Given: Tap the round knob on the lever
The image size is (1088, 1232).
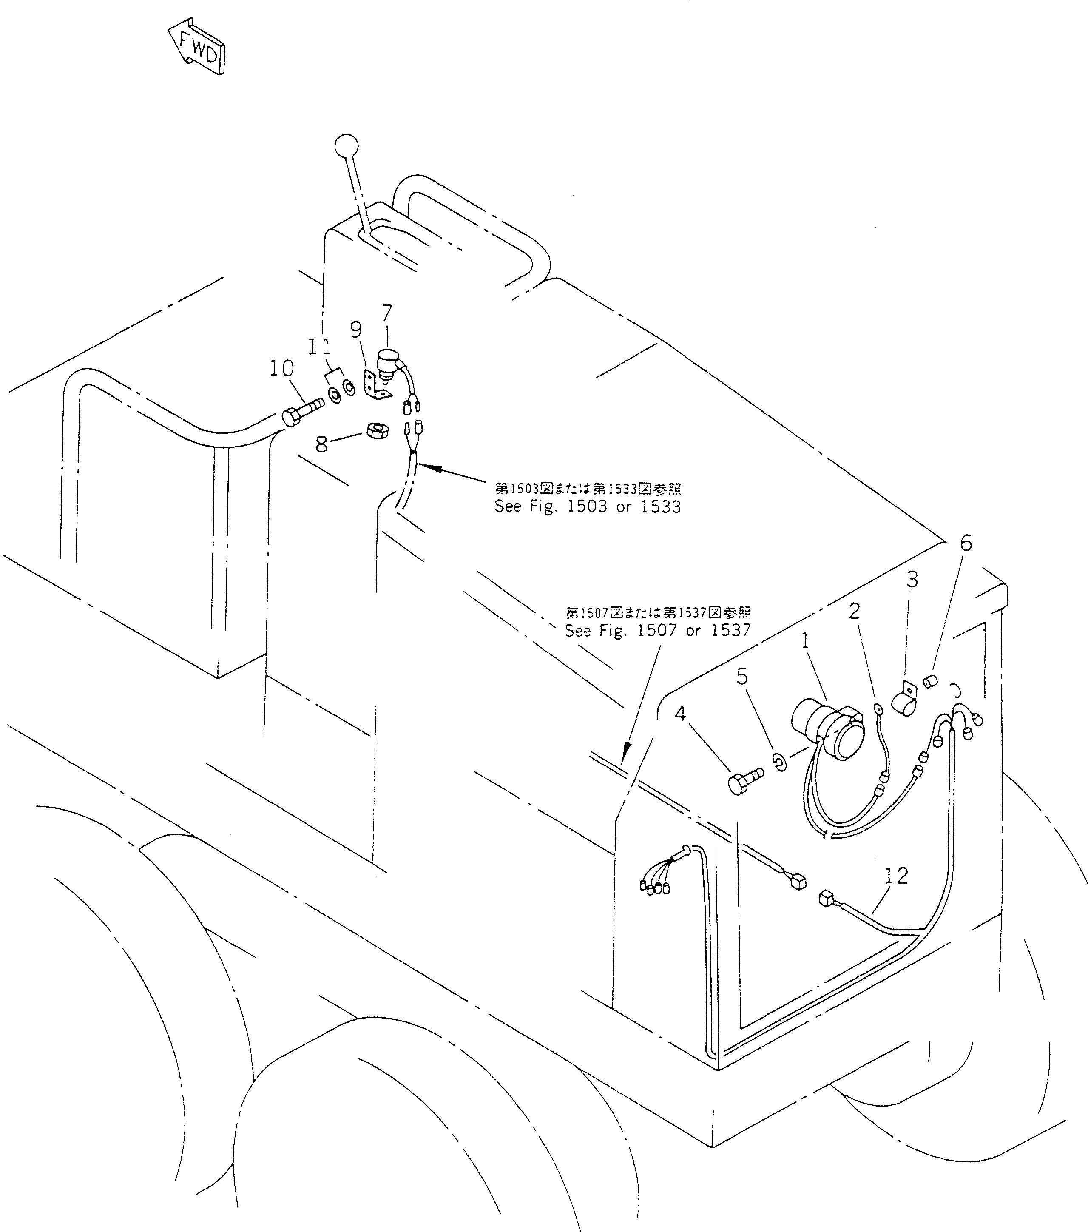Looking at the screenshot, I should pos(346,146).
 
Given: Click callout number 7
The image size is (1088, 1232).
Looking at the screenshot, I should pos(387,313).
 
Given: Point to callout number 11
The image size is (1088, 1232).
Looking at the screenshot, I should pos(320,347).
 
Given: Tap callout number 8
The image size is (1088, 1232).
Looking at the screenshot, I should pos(322,444).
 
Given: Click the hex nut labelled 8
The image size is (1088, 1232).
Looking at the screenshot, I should pos(377,430).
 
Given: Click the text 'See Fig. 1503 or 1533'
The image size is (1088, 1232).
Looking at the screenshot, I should pos(588,506).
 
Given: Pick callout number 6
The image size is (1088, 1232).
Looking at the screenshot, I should pos(966,543).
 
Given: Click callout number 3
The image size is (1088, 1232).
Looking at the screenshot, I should pos(913,580).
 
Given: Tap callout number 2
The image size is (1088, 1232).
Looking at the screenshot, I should pos(854,611).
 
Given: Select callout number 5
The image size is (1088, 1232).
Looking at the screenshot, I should pos(742,677).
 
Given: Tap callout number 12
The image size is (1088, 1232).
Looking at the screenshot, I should pos(896,876).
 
